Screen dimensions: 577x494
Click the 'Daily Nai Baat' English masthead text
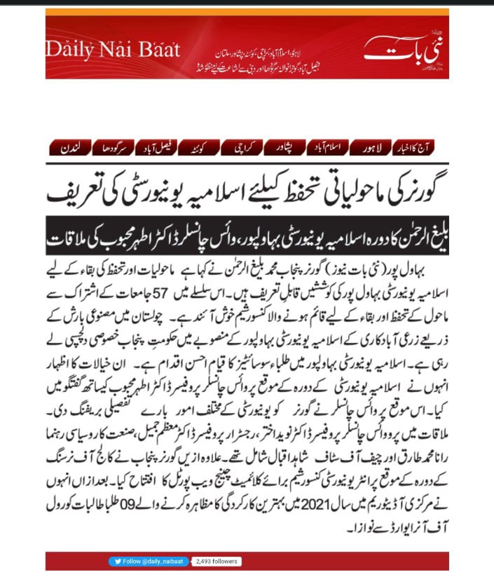pyautogui.click(x=114, y=50)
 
